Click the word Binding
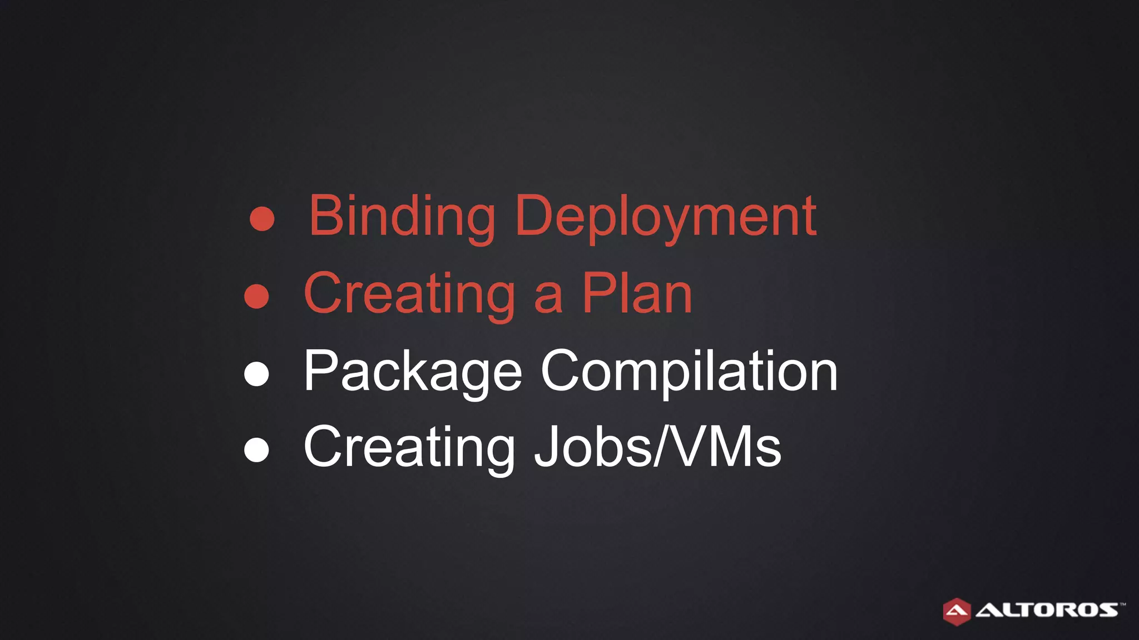pos(402,217)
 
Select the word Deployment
pos(666,217)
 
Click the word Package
pos(413,371)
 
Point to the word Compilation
pos(689,371)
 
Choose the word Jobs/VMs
pos(657,447)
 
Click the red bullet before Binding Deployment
pos(262,219)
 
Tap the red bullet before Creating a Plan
pos(256,296)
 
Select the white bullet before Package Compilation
pos(256,373)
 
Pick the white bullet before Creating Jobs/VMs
pos(256,450)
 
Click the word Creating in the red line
pos(410,294)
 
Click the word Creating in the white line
pos(410,448)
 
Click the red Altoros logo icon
pos(957,611)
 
